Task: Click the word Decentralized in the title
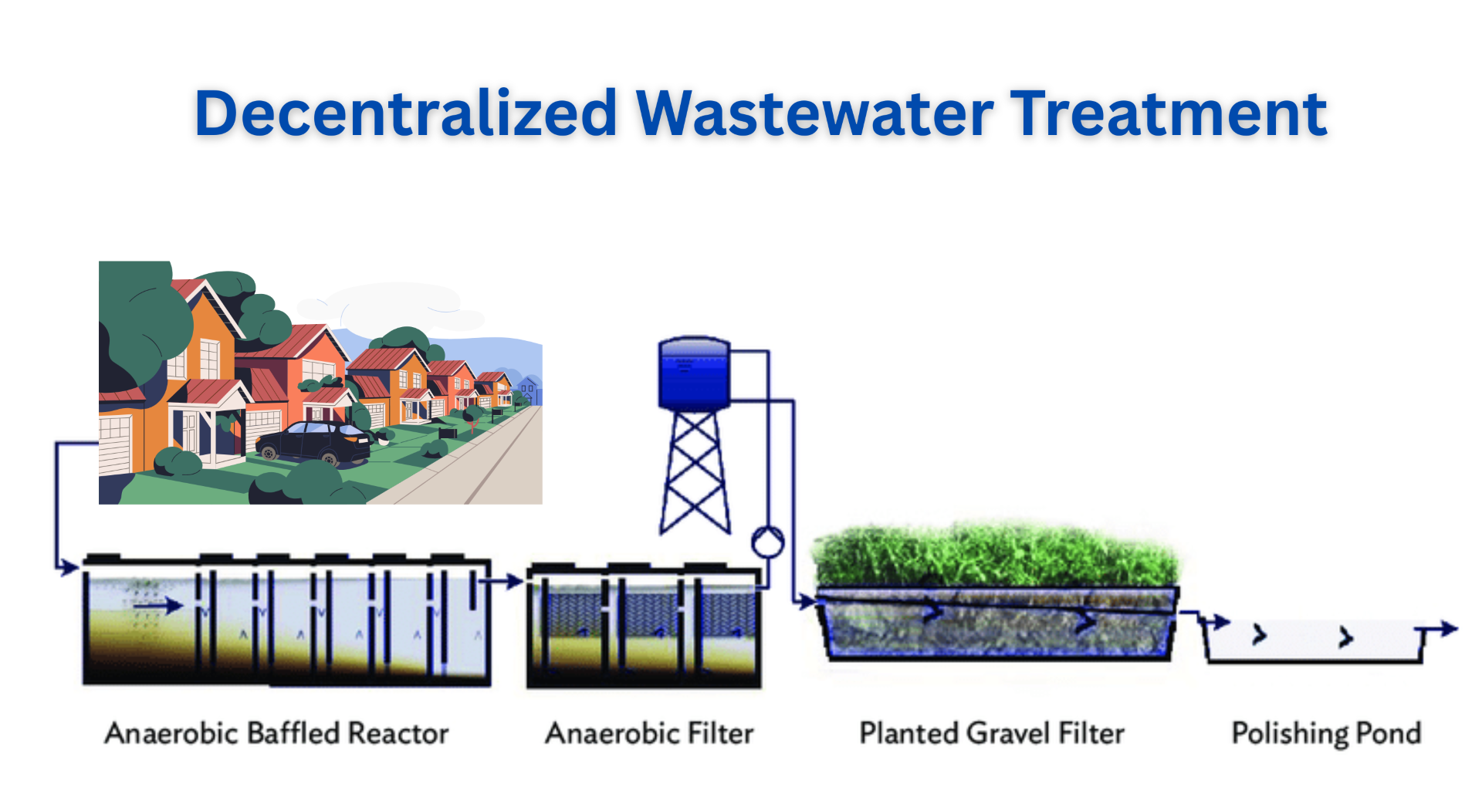pos(406,113)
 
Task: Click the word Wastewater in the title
pos(815,113)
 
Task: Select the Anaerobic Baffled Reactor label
pos(276,733)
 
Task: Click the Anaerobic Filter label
pos(649,733)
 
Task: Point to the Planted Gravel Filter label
pos(992,733)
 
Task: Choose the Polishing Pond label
pos(1326,733)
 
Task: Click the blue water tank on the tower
pos(694,373)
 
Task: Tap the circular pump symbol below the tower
pos(767,542)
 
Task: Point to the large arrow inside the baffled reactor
pos(158,606)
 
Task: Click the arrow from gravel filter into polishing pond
pos(1205,620)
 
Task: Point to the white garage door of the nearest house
pos(115,444)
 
